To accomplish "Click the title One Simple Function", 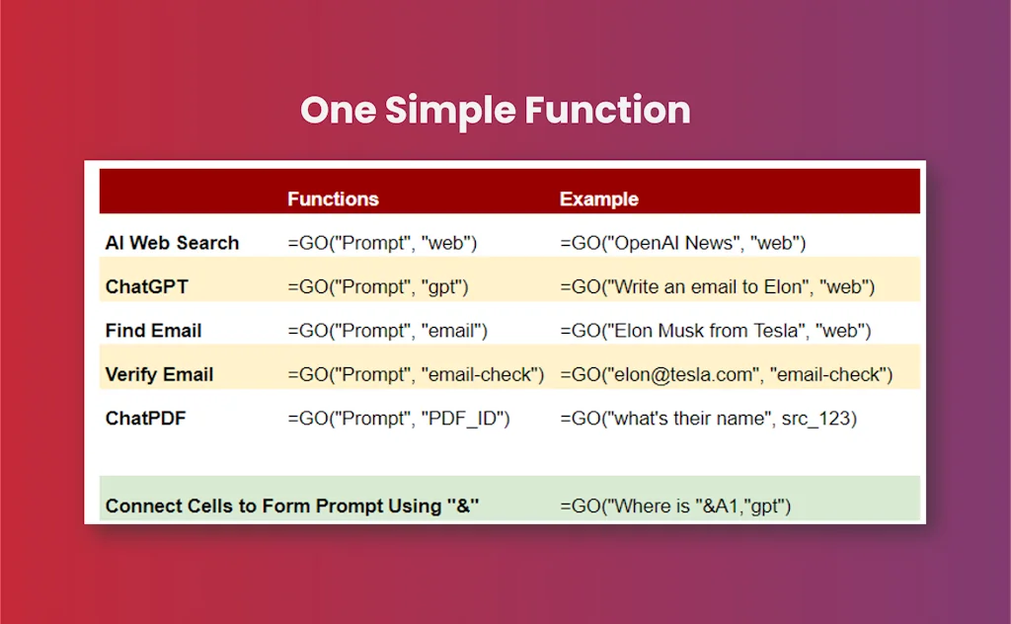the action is [x=496, y=111].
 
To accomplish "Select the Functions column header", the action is [x=333, y=199].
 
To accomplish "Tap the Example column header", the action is [x=599, y=199].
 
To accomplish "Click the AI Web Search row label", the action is [x=172, y=243].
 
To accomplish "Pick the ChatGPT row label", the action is [x=147, y=287].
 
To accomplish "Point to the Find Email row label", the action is [x=153, y=331].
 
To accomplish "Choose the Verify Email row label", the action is [x=159, y=374].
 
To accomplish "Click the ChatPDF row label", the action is [x=146, y=419].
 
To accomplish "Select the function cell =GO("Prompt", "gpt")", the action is [x=378, y=287].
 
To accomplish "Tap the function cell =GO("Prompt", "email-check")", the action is [x=416, y=374].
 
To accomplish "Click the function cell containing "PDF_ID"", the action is [x=399, y=419].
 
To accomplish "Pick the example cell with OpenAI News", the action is [x=683, y=243].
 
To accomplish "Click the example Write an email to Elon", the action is [x=717, y=287].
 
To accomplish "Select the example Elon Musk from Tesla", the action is [x=715, y=331].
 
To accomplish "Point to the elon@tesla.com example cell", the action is [x=726, y=374].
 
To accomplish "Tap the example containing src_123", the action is [x=708, y=419].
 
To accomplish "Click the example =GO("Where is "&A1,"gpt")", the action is [x=675, y=507].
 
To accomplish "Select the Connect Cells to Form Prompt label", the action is [x=292, y=507].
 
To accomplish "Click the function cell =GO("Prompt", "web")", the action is [x=382, y=243].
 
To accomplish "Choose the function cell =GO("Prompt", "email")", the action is [x=387, y=331].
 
